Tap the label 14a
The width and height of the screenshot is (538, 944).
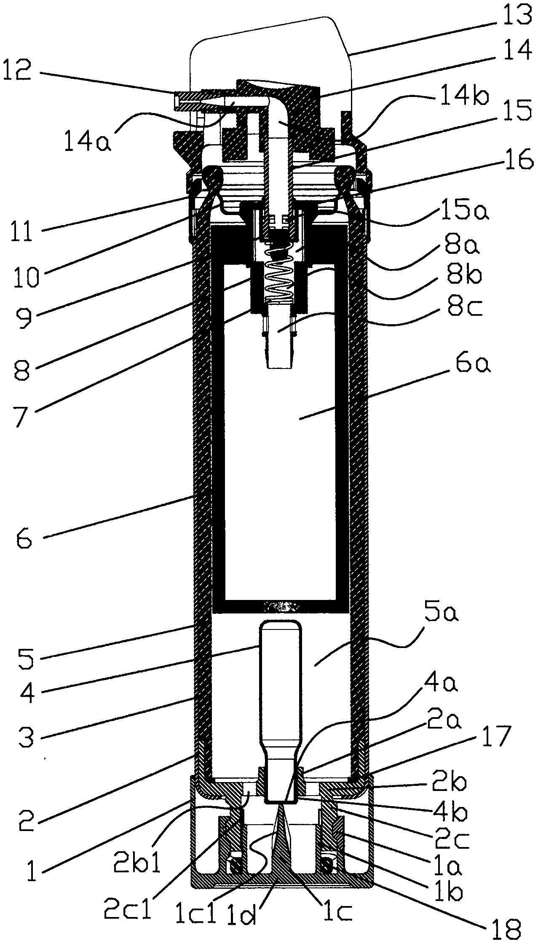88,141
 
